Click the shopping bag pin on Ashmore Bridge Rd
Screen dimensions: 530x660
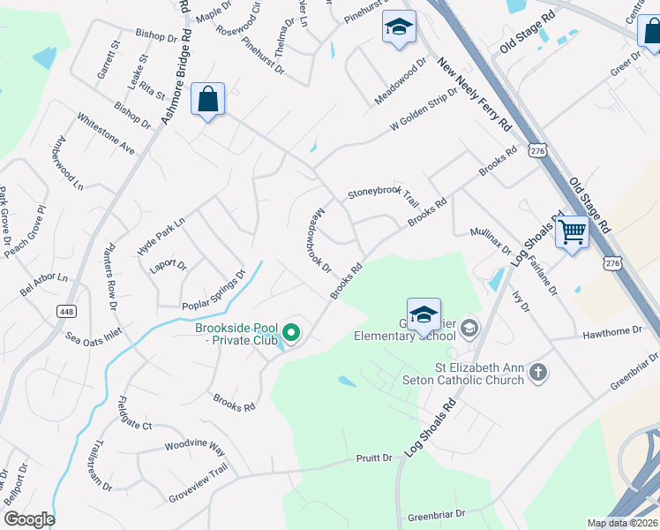click(x=207, y=100)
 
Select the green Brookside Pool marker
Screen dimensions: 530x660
click(x=290, y=334)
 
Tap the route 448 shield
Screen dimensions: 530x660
click(x=65, y=311)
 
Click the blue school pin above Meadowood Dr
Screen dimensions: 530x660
click(x=399, y=27)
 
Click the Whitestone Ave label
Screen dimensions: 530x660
click(x=105, y=133)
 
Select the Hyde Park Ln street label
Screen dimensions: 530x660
click(x=161, y=236)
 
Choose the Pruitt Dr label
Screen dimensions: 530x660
click(x=375, y=458)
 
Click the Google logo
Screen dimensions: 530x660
click(x=28, y=519)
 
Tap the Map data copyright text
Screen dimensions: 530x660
click(x=622, y=523)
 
